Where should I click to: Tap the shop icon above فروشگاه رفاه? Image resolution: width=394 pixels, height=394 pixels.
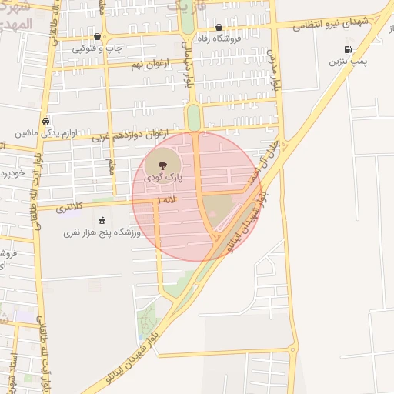click(x=219, y=28)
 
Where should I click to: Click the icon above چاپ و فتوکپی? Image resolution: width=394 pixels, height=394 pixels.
click(x=97, y=36)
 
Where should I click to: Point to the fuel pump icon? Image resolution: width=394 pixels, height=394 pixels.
click(x=348, y=50)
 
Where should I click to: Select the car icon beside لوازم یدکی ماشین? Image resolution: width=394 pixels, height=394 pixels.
click(x=46, y=121)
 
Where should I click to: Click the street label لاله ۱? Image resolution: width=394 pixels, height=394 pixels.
click(x=166, y=200)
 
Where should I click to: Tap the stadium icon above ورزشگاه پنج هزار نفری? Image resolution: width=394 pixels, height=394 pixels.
click(x=102, y=220)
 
